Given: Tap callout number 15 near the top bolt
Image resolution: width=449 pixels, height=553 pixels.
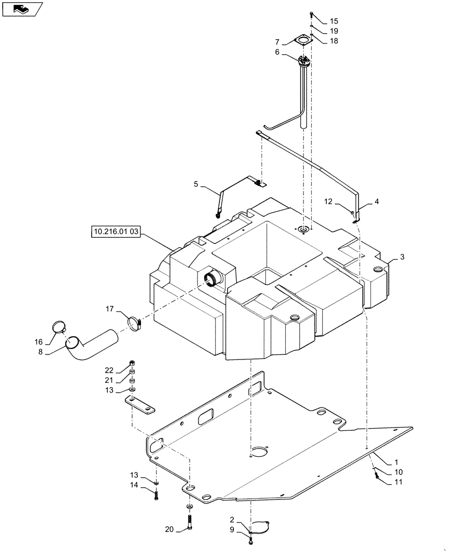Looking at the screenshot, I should pyautogui.click(x=334, y=21).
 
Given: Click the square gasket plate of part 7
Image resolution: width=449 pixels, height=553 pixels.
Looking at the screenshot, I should pyautogui.click(x=301, y=40).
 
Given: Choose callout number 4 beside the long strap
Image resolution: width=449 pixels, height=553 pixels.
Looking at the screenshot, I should pyautogui.click(x=377, y=202).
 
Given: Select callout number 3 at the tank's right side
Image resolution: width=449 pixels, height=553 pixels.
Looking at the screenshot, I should pyautogui.click(x=403, y=257).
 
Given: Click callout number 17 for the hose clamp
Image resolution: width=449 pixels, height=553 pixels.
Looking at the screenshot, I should pyautogui.click(x=110, y=308).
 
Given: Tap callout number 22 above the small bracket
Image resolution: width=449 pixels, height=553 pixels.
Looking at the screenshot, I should pyautogui.click(x=109, y=370).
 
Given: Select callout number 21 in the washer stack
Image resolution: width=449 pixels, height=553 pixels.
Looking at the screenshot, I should pyautogui.click(x=109, y=380).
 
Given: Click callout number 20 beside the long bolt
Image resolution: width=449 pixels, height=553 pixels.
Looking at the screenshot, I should pyautogui.click(x=170, y=529).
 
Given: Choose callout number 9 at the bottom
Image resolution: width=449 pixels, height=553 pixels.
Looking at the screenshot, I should pyautogui.click(x=232, y=530).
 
